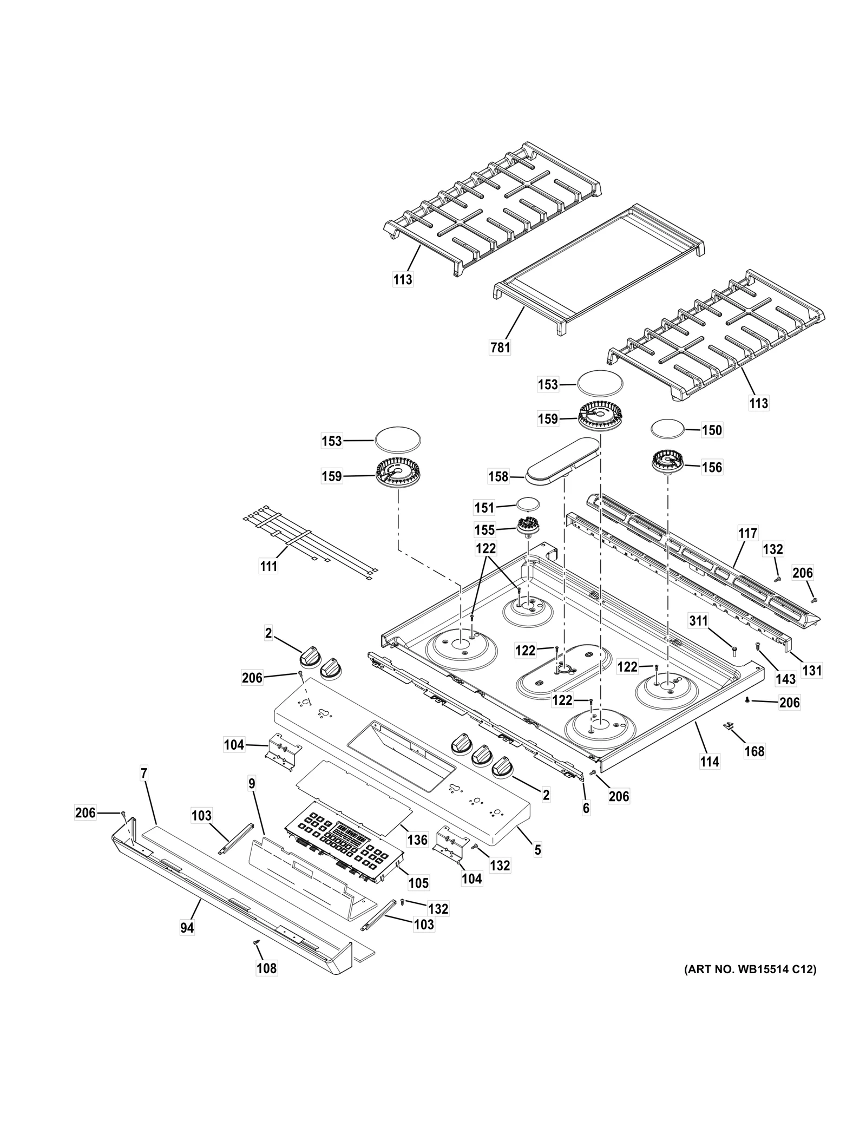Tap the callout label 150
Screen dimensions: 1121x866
(x=712, y=430)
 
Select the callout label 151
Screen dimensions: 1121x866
(x=484, y=507)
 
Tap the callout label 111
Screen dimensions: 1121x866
(x=268, y=566)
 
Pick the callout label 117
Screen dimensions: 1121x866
(x=747, y=533)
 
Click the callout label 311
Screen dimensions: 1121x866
(x=698, y=621)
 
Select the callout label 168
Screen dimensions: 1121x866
(x=755, y=751)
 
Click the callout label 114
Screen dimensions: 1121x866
(x=710, y=762)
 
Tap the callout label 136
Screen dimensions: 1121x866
(x=417, y=840)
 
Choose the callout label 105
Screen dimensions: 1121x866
(x=418, y=883)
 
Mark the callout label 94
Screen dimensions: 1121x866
(x=187, y=928)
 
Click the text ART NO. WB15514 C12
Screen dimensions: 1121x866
(x=750, y=969)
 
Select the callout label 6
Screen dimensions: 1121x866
(x=586, y=808)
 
